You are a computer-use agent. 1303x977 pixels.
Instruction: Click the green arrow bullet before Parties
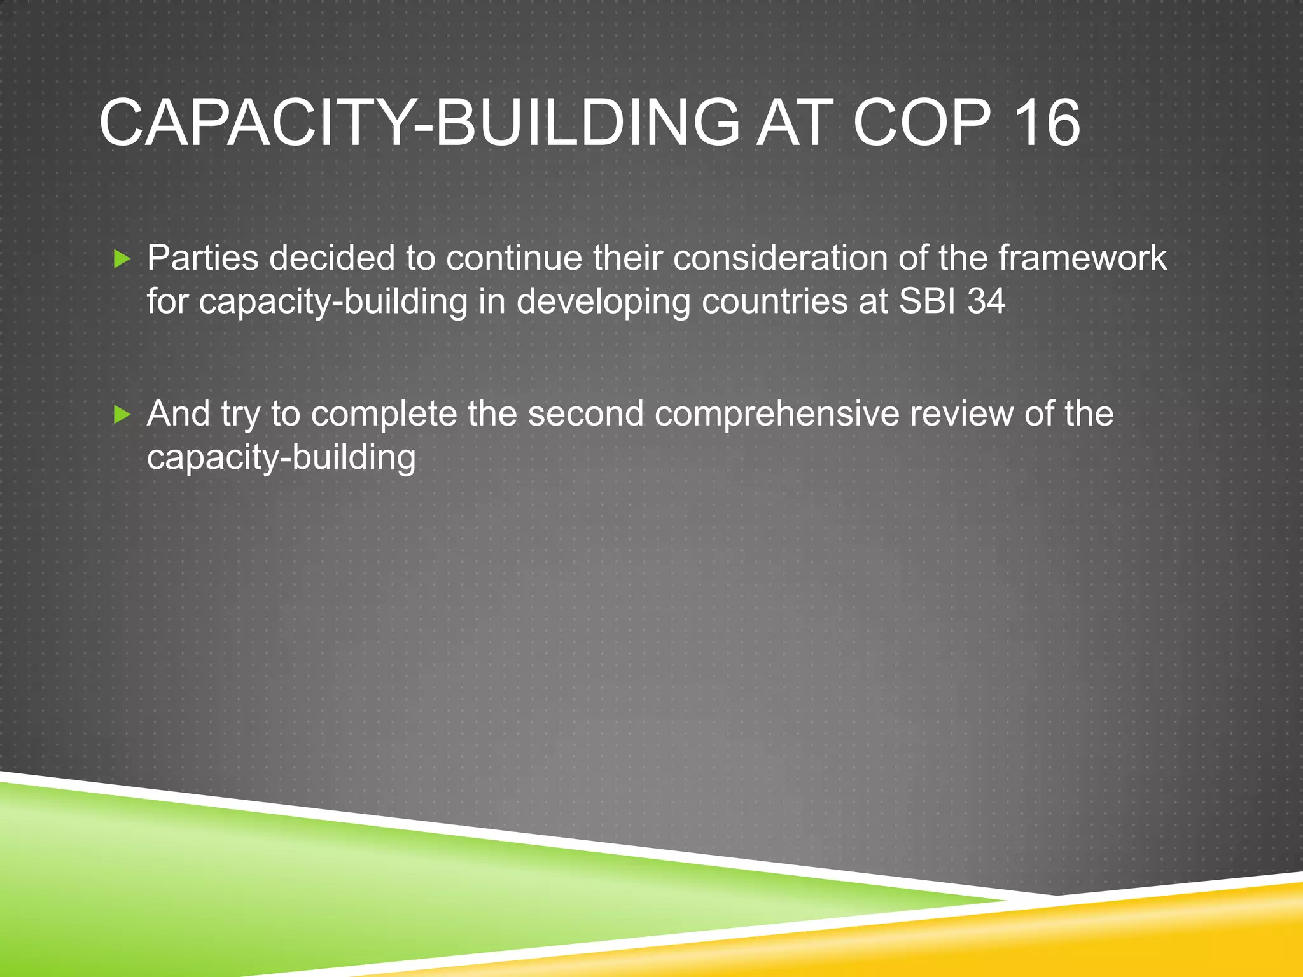tap(122, 259)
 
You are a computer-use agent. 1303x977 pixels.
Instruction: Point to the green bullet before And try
tap(122, 415)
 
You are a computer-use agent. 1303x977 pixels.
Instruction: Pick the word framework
tap(1082, 258)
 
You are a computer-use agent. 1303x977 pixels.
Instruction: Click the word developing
tap(603, 302)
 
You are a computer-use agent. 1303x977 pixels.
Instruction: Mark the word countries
tap(774, 301)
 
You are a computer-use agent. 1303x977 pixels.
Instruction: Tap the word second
tap(585, 413)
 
